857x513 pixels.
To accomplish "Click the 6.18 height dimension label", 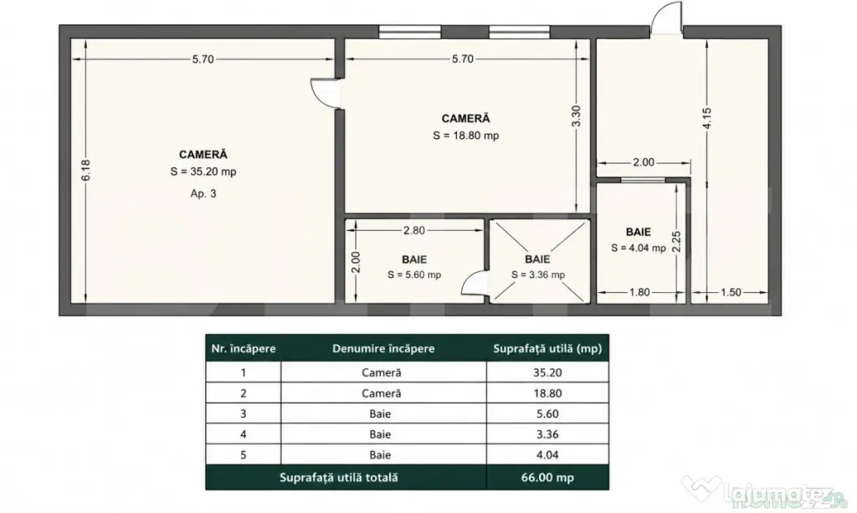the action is [x=86, y=171].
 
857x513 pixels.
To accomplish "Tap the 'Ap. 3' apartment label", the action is [x=203, y=193].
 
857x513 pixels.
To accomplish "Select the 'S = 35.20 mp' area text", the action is [x=203, y=172].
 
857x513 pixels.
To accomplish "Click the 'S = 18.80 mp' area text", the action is [x=465, y=136].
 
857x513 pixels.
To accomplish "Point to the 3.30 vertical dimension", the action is [x=576, y=116].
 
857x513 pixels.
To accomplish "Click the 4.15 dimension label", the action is [x=706, y=119].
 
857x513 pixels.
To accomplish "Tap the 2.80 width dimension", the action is [x=413, y=230].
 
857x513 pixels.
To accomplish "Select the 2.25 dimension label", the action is [x=676, y=242].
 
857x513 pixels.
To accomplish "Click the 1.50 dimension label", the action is [x=731, y=292].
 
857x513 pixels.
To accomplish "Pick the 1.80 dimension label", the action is [x=639, y=292].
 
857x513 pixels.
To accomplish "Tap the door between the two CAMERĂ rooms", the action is [x=325, y=94].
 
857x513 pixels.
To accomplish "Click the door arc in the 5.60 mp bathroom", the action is [x=475, y=284].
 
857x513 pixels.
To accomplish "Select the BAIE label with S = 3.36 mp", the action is [x=537, y=259].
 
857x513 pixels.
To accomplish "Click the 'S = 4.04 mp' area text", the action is [x=639, y=248].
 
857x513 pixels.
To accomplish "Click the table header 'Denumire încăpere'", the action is [x=383, y=349].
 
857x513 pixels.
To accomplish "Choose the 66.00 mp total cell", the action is [x=547, y=478].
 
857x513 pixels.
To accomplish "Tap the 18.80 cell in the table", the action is [x=547, y=393].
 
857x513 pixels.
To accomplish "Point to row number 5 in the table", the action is [x=244, y=454].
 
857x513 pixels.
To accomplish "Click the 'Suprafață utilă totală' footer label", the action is [x=338, y=478].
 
